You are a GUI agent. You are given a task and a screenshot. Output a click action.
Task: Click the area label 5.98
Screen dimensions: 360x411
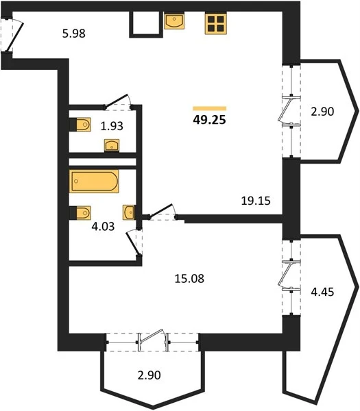74,34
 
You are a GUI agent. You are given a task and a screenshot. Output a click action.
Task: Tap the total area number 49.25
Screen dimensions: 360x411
209,120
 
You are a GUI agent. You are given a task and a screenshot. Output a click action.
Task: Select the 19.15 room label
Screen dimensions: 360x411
256,201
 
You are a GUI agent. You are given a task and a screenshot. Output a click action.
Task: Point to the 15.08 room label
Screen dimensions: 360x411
189,278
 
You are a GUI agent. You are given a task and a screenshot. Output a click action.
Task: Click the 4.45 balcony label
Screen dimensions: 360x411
322,292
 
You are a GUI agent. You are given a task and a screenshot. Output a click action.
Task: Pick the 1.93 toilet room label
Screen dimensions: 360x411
112,126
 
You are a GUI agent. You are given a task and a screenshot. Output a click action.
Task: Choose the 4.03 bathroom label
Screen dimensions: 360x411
103,226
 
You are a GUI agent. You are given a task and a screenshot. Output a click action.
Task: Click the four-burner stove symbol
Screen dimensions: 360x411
215,23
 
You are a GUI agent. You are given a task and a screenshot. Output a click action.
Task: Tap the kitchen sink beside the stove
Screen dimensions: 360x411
174,21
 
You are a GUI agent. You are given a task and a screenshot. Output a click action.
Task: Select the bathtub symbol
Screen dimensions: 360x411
94,181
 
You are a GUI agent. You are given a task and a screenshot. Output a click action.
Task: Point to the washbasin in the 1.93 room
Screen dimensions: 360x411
112,145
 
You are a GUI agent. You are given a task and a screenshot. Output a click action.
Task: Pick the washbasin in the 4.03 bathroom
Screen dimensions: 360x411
129,212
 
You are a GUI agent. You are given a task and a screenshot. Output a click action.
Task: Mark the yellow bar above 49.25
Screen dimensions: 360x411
209,108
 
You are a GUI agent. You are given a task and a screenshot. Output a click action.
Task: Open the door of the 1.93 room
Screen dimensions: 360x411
117,101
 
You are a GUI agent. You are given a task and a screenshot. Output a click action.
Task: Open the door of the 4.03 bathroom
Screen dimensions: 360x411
132,243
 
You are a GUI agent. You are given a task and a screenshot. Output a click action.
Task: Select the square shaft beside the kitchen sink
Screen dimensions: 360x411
145,24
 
